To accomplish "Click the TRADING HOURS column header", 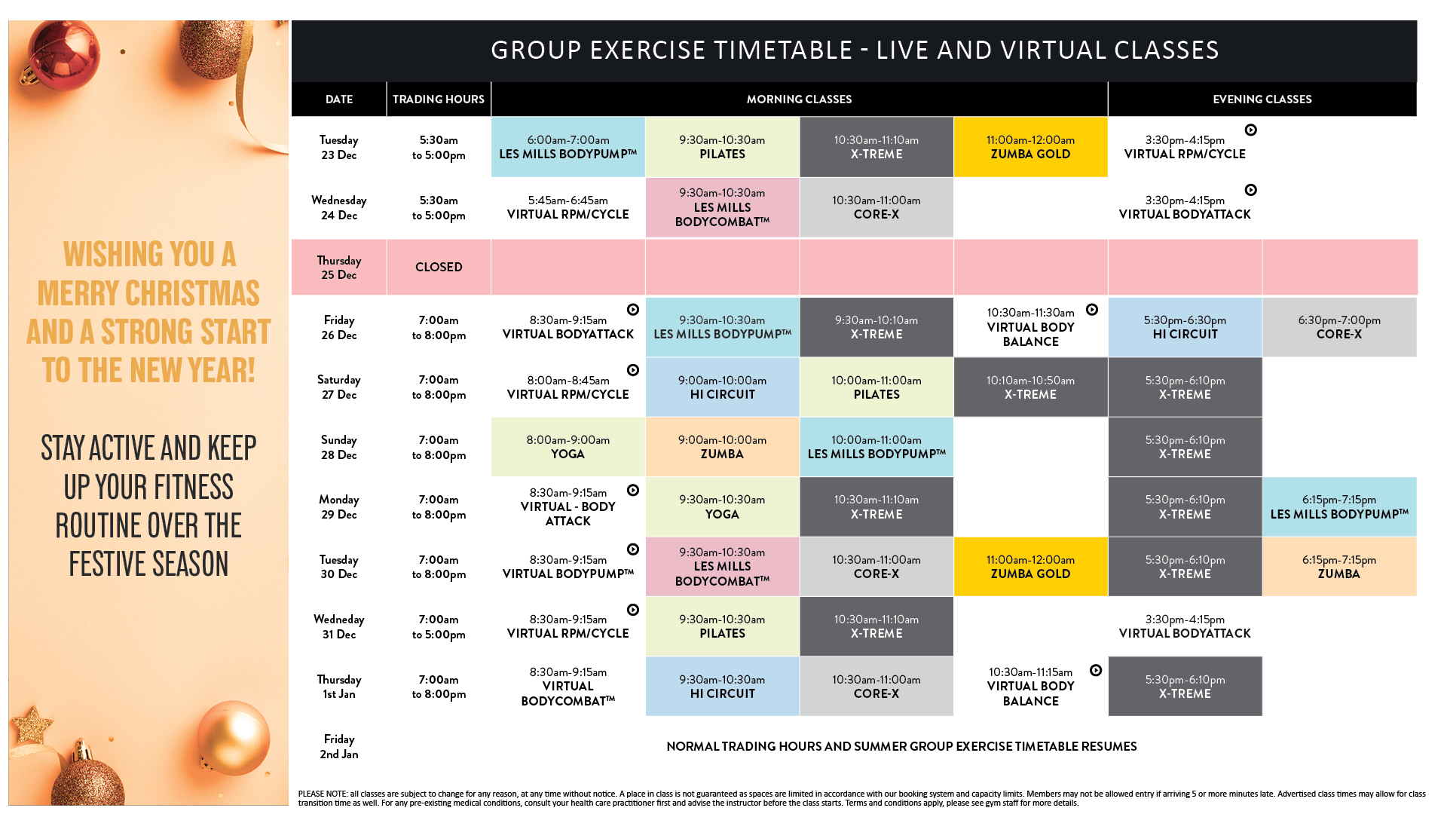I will point(438,99).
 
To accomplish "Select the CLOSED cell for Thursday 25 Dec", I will point(439,267).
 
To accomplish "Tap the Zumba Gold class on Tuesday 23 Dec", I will point(1030,147).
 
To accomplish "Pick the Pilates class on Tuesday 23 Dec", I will point(722,147).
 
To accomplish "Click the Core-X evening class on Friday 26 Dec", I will point(1338,327).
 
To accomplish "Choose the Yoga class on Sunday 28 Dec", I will point(567,447).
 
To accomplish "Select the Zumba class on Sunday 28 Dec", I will point(722,447).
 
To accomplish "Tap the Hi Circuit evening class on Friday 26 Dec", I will point(1185,327).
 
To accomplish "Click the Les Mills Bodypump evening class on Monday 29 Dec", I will point(1338,506).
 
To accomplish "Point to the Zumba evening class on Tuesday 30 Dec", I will point(1338,567).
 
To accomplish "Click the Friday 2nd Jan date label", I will point(339,746).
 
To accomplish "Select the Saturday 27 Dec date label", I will point(339,387).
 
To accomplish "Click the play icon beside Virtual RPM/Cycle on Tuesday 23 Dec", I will point(1250,130).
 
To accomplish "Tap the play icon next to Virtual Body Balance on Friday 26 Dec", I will point(1092,310).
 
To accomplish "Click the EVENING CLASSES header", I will point(1262,99).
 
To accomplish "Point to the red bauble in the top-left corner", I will point(64,57).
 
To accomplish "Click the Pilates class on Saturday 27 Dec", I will point(876,387).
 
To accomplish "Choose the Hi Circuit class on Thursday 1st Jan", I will point(722,687).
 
